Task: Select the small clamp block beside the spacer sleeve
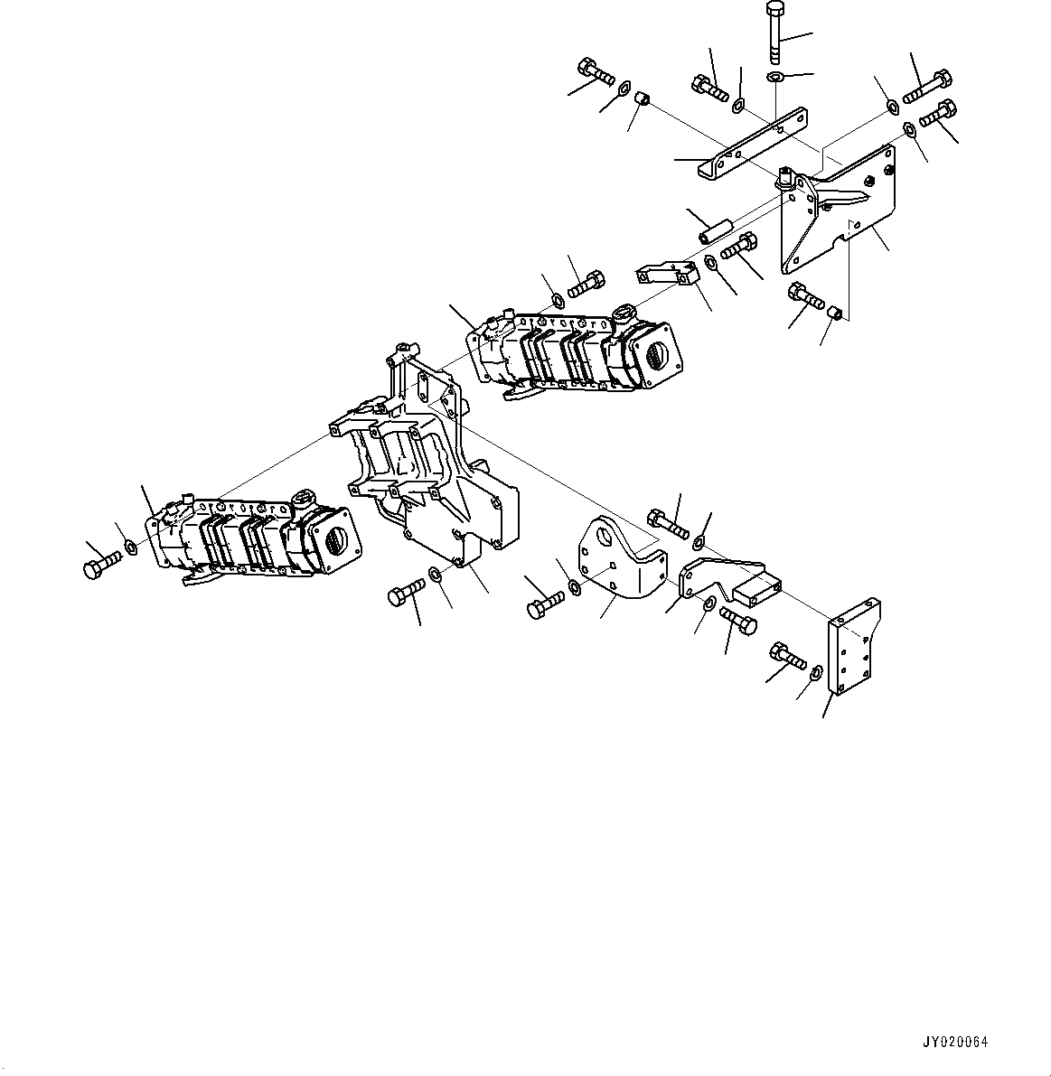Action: pos(671,272)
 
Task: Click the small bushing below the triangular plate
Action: pos(838,313)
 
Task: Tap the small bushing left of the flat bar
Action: pos(643,97)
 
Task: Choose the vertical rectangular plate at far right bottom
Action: pos(852,647)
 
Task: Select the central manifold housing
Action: pos(425,470)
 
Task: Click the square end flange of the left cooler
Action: pos(330,538)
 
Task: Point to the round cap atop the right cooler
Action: pos(624,314)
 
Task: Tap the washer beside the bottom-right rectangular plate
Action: pos(815,671)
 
